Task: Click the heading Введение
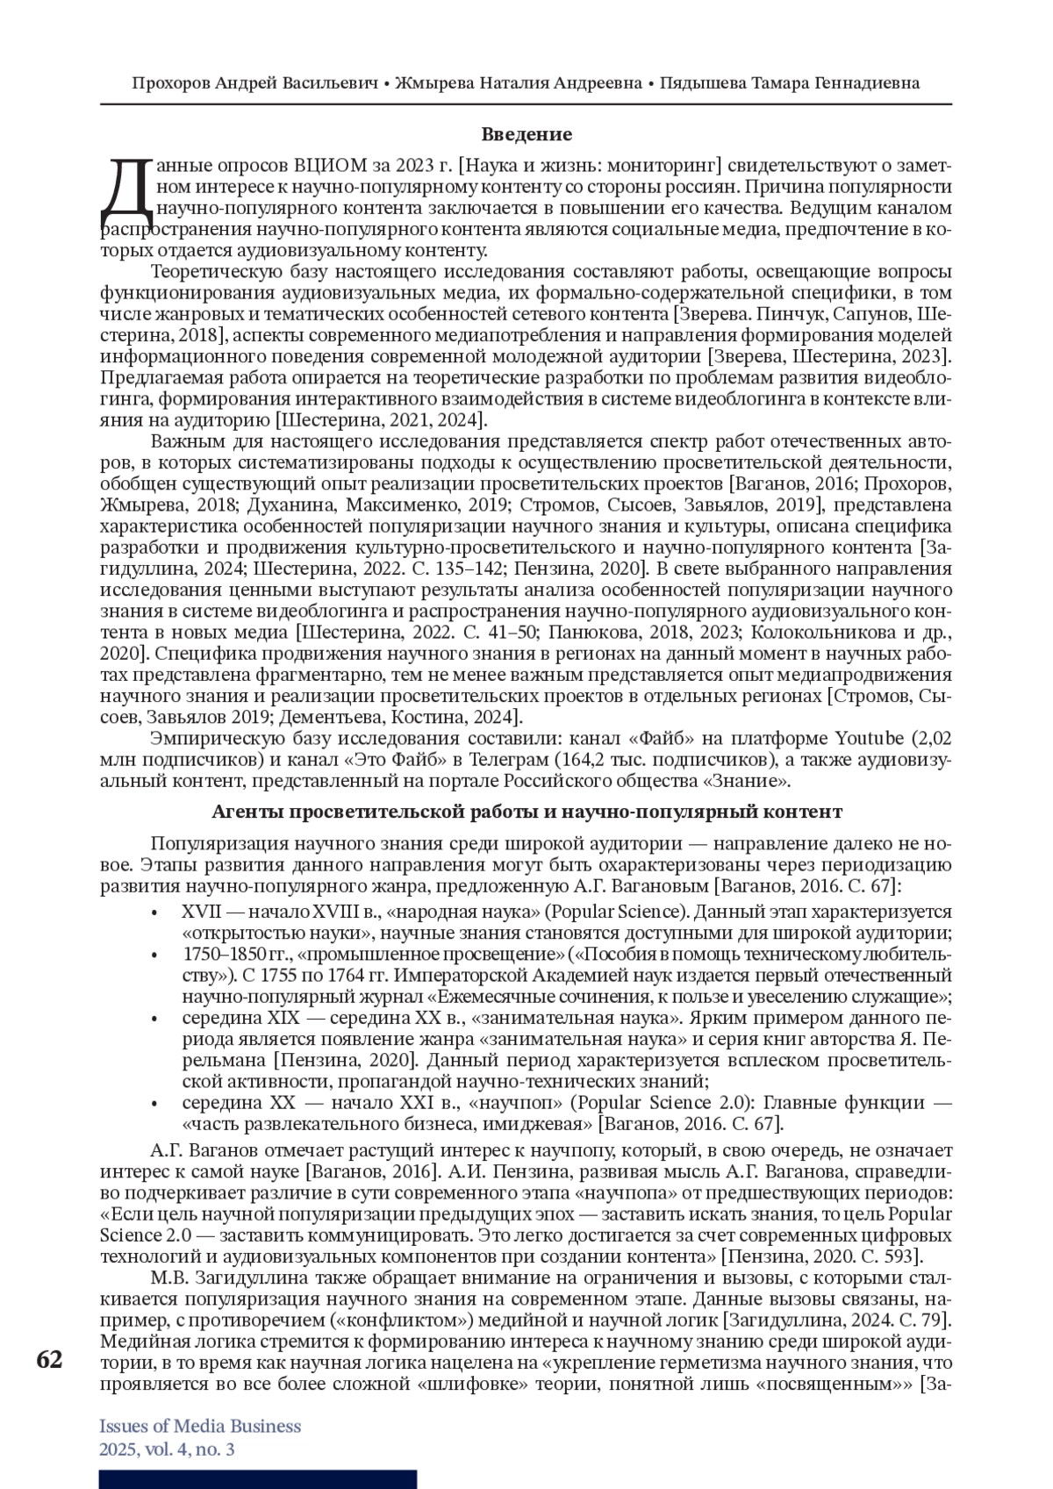(526, 134)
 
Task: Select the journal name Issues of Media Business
(200, 1426)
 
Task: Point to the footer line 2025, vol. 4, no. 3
(167, 1450)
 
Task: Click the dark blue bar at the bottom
(257, 1479)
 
